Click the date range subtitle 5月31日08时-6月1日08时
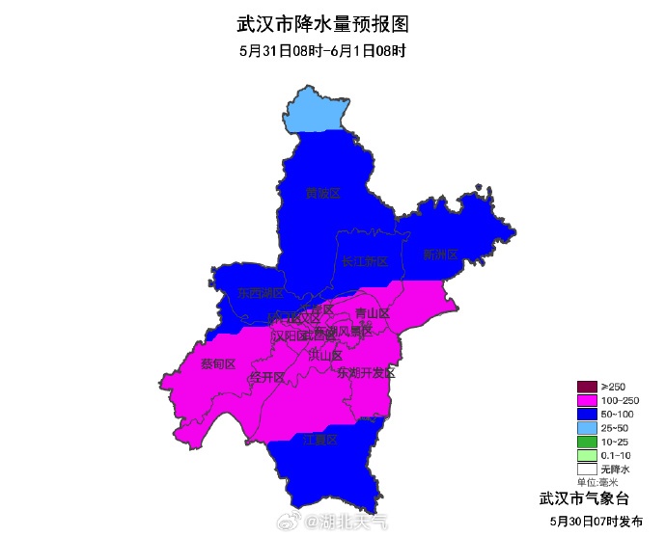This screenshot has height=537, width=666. point(321,51)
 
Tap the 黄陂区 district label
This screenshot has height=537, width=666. point(323,194)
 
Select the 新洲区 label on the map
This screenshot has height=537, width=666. point(440,255)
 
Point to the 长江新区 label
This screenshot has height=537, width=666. point(364,262)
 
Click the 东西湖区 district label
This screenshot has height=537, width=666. point(262,293)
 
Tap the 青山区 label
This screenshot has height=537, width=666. point(372,313)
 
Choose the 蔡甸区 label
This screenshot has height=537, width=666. point(218,363)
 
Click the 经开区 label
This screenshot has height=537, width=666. point(266,376)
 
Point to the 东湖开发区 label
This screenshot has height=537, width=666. point(366,372)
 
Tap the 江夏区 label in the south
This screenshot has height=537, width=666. point(320,440)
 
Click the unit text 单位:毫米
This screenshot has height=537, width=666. point(597,482)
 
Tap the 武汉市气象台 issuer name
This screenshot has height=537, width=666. point(584,498)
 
